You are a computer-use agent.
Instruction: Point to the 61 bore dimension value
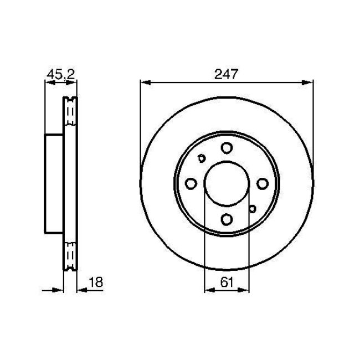(225, 282)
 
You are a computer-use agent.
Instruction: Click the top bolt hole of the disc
(226, 148)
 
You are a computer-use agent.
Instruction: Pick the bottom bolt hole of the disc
(226, 219)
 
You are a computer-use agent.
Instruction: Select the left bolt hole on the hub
(191, 183)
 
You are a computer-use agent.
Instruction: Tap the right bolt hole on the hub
(261, 183)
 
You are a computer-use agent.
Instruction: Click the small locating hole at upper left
(201, 158)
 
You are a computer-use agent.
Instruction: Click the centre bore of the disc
(226, 183)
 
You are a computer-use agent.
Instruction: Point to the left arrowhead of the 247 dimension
(144, 83)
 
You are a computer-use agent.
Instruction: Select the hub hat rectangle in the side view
(54, 183)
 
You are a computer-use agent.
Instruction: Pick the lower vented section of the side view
(70, 252)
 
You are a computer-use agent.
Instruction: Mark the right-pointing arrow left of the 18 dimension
(58, 289)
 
